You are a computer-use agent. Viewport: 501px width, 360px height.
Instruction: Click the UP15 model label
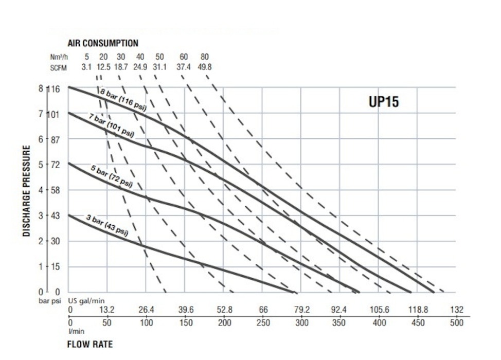click(384, 102)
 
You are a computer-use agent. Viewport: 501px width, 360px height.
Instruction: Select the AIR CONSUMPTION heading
click(103, 43)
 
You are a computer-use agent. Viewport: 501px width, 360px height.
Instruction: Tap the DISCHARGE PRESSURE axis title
click(26, 191)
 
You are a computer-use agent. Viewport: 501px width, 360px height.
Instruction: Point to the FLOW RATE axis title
click(90, 344)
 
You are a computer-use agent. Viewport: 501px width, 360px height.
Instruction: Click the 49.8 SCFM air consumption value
click(205, 66)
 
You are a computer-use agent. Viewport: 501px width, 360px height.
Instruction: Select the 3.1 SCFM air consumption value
click(87, 66)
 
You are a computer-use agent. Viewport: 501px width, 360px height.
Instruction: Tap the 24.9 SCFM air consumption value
click(140, 66)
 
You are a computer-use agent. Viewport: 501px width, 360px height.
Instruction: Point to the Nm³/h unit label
click(58, 57)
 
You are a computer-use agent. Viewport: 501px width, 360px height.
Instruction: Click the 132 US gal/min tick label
click(457, 310)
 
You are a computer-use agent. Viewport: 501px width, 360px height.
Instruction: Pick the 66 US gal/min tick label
click(263, 310)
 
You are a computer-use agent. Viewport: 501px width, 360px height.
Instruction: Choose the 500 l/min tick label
click(457, 323)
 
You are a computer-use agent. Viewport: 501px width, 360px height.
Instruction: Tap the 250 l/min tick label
click(263, 323)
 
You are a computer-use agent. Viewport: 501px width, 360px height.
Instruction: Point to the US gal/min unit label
click(85, 300)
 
